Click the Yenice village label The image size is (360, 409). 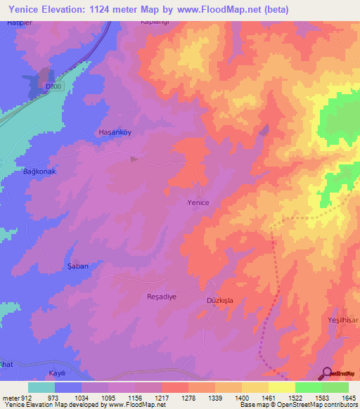click(198, 202)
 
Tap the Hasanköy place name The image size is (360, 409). click(115, 132)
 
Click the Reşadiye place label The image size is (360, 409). click(160, 297)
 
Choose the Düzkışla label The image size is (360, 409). click(219, 300)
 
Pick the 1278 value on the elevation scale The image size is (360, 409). click(188, 398)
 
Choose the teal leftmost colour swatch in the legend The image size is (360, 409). click(41, 387)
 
